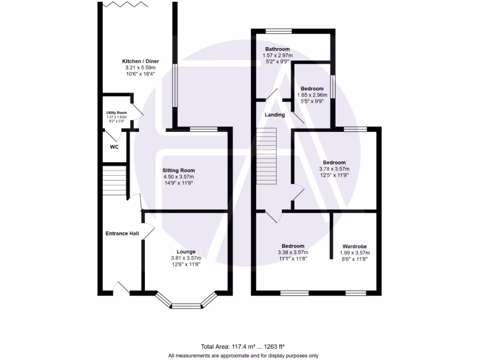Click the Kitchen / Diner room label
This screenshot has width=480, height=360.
tap(141, 61)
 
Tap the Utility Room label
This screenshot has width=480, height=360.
tap(116, 113)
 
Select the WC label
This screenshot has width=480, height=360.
tap(114, 147)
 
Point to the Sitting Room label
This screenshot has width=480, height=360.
tap(179, 170)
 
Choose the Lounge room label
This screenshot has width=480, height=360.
tap(186, 252)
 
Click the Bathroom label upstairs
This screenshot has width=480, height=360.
tap(277, 49)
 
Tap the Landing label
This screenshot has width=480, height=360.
tap(275, 115)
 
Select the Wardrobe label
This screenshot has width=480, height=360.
tap(354, 246)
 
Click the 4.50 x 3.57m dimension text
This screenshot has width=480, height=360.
tap(179, 177)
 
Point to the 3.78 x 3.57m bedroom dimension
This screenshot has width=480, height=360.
tap(334, 169)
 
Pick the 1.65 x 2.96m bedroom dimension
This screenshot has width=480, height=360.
tap(312, 95)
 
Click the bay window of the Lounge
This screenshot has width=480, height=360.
tap(187, 305)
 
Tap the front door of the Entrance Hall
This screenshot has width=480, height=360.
tap(121, 289)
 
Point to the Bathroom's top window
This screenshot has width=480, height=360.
tap(278, 31)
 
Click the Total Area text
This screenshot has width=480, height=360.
tap(243, 347)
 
